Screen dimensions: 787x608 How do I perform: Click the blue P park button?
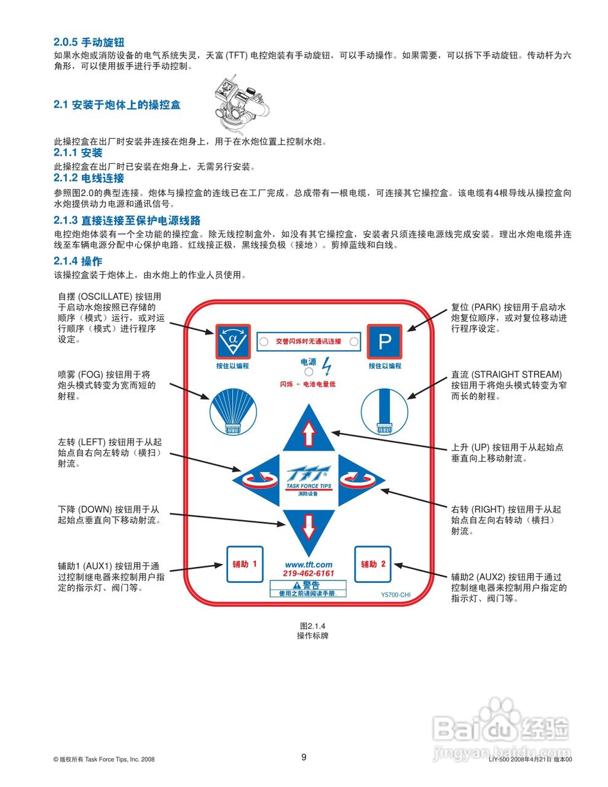(384, 341)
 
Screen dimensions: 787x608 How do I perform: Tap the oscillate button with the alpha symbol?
(232, 341)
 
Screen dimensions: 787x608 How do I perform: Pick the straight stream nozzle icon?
(384, 410)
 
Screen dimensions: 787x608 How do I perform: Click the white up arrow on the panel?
(309, 433)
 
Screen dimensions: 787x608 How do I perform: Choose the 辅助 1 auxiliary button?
(245, 564)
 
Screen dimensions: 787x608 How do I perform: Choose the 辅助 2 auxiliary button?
(373, 564)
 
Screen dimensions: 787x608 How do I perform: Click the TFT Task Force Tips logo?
(309, 477)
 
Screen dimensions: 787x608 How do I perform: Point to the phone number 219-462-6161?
(309, 574)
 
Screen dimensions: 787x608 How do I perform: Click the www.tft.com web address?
(309, 564)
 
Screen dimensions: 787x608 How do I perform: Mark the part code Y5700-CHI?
(395, 595)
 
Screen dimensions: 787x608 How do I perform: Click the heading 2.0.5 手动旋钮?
(89, 42)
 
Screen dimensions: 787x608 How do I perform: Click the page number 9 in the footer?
(304, 757)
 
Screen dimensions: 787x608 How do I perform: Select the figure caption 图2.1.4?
(312, 627)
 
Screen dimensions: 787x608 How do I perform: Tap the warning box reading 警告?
(308, 588)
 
